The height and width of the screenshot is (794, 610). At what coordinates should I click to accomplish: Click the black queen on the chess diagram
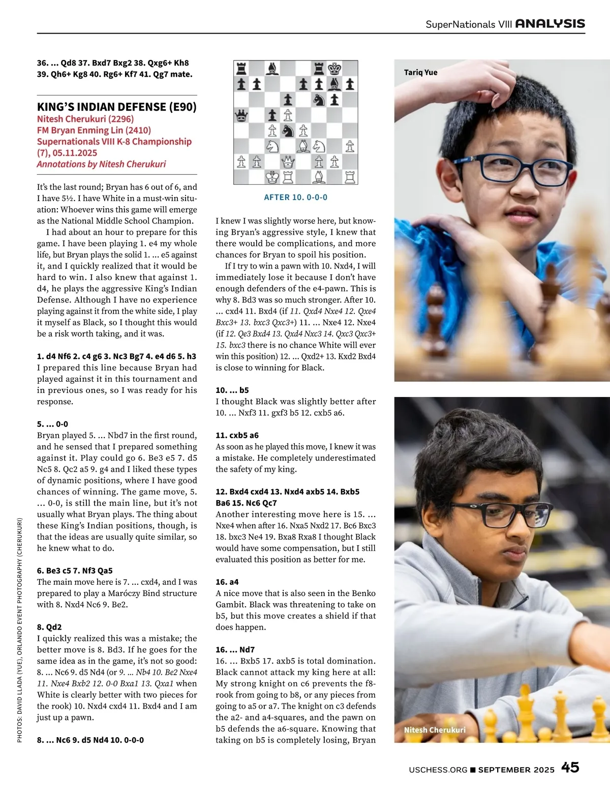coord(241,115)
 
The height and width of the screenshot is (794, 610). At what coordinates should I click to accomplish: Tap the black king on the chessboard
coord(334,69)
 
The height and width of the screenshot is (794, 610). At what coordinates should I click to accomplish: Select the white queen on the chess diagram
coord(288,162)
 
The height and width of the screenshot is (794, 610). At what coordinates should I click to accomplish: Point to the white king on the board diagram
coord(272,177)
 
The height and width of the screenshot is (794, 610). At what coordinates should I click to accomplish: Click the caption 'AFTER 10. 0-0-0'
coord(295,197)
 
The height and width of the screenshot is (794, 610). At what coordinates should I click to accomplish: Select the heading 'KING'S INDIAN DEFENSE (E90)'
coord(116,107)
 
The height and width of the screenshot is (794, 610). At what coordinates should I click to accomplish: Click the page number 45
coord(570,767)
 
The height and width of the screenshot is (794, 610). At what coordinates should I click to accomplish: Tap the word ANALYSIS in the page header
coord(550,23)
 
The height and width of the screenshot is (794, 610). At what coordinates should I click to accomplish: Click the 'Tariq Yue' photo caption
coord(420,72)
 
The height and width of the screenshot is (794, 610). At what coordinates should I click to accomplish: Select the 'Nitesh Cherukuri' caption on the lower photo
coord(435,730)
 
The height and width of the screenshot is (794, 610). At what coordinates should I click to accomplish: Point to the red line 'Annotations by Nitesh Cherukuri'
coord(101,164)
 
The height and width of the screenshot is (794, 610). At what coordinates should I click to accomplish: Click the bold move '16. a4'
coord(227,582)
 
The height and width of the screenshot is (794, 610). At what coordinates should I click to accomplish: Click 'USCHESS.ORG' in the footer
coord(438,770)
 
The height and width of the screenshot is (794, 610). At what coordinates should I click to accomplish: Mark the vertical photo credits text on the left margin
coord(19,630)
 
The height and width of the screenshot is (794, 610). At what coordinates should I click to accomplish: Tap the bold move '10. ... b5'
coord(232,390)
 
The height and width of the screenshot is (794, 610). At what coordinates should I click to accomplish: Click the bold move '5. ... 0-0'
coord(52,424)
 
